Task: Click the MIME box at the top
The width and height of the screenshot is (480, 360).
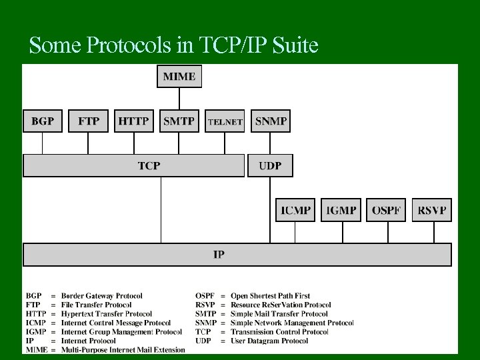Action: [x=179, y=77]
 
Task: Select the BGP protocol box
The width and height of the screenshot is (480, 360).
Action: [x=43, y=121]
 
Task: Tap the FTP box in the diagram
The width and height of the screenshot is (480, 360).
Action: [x=88, y=121]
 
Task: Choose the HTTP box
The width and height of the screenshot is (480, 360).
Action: [x=134, y=121]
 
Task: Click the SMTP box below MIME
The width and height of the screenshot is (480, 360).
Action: [x=179, y=121]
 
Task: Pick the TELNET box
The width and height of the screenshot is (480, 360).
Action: [x=225, y=121]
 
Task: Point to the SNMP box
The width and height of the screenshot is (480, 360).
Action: [x=270, y=121]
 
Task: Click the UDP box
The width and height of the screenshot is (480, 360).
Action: [x=270, y=165]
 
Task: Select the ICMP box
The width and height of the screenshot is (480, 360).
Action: [x=295, y=211]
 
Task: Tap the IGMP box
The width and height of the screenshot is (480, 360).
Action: [x=341, y=211]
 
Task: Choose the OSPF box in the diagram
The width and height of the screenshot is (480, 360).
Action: [x=386, y=211]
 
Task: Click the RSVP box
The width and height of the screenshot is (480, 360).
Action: [x=431, y=211]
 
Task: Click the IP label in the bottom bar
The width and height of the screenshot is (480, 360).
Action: [x=219, y=255]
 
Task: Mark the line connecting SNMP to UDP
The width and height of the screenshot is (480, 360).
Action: [x=270, y=143]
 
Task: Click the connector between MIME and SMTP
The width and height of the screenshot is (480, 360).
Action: [x=179, y=99]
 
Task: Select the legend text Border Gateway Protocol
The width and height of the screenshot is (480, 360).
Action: [x=101, y=295]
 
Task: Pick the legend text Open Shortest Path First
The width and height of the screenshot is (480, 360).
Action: [x=270, y=295]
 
